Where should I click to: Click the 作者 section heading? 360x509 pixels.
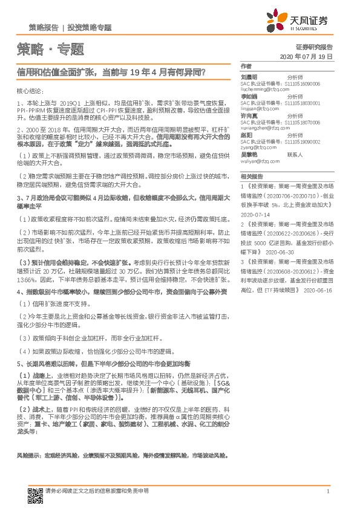pyautogui.click(x=246, y=66)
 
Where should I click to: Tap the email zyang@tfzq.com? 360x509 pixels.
pyautogui.click(x=258, y=148)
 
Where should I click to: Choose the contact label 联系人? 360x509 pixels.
pyautogui.click(x=295, y=155)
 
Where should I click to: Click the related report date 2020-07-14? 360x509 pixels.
pyautogui.click(x=254, y=214)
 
